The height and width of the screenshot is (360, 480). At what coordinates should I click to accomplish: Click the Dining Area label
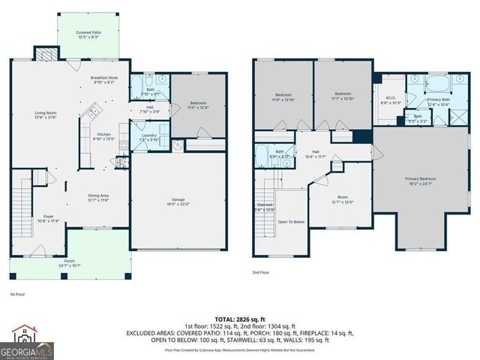(98, 196)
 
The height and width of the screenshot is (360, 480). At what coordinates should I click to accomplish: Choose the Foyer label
(48, 217)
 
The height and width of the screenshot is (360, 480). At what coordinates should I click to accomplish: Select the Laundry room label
(148, 136)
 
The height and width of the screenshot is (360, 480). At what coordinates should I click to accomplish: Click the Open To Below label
(290, 222)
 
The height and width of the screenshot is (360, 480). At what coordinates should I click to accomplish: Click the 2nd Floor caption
(260, 272)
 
